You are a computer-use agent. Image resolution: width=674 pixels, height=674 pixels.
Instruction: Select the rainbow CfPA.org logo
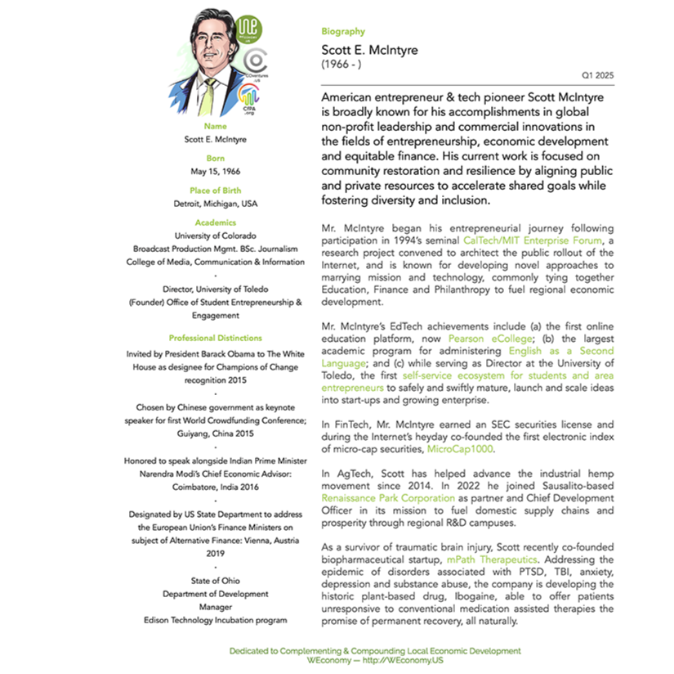pyautogui.click(x=248, y=99)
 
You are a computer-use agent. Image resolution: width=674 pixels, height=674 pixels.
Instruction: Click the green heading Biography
pyautogui.click(x=343, y=31)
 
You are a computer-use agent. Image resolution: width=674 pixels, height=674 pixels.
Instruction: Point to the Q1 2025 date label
pyautogui.click(x=597, y=74)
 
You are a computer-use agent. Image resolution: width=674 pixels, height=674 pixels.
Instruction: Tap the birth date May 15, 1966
pyautogui.click(x=215, y=171)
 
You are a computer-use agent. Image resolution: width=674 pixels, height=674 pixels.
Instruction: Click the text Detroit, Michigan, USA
pyautogui.click(x=215, y=203)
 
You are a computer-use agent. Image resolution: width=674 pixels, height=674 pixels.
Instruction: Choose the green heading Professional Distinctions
pyautogui.click(x=215, y=338)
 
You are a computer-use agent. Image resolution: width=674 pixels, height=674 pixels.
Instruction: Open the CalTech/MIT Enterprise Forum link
pyautogui.click(x=532, y=240)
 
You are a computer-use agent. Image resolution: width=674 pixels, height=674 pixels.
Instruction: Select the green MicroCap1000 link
pyautogui.click(x=460, y=449)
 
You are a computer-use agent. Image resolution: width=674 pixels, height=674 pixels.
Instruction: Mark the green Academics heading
pyautogui.click(x=215, y=222)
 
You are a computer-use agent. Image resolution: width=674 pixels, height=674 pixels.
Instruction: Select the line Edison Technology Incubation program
pyautogui.click(x=215, y=620)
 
